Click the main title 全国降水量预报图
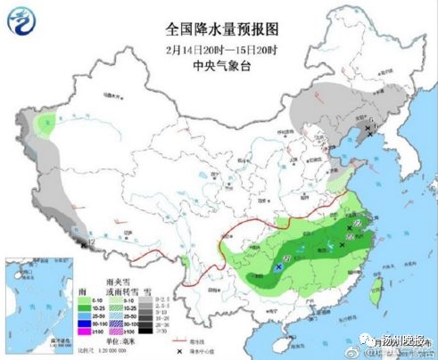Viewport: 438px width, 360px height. pyautogui.click(x=218, y=28)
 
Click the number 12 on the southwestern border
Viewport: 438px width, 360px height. pyautogui.click(x=91, y=241)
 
